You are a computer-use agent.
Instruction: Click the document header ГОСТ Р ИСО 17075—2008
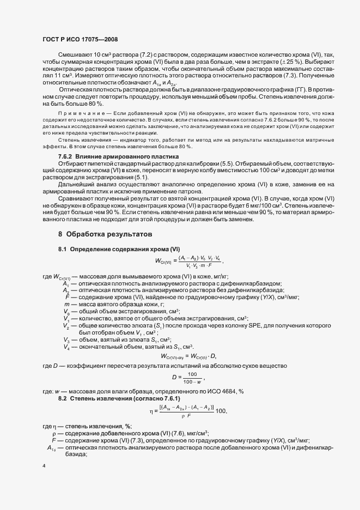tap(80, 39)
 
